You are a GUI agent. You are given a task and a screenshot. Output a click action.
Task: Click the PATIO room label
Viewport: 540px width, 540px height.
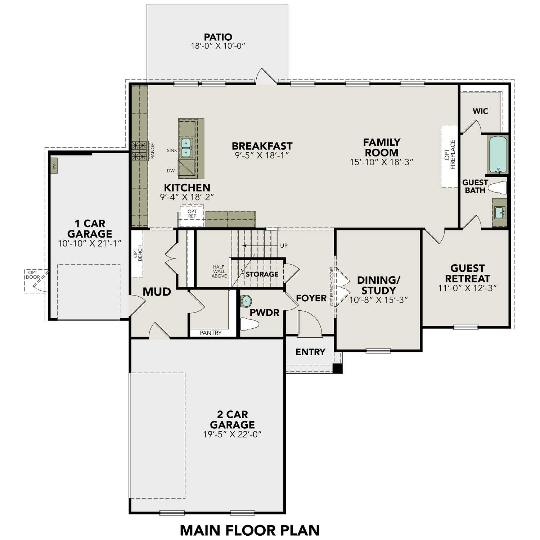tap(218, 37)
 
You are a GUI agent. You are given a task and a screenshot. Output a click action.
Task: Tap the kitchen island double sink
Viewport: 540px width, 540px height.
tap(186, 148)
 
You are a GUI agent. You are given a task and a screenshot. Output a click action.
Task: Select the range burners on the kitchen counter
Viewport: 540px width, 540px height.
tap(140, 151)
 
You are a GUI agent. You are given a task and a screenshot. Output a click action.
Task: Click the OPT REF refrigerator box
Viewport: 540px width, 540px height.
tap(192, 216)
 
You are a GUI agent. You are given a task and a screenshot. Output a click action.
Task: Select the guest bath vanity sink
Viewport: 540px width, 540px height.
tap(499, 213)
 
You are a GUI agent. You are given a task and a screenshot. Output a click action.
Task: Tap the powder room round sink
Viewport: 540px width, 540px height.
tap(246, 301)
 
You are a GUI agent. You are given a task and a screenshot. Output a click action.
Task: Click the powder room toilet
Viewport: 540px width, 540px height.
tap(249, 324)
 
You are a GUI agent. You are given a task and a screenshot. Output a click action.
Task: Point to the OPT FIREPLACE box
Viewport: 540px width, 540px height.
tap(449, 156)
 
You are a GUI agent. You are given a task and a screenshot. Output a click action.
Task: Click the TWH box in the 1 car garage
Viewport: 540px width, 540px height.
tap(54, 166)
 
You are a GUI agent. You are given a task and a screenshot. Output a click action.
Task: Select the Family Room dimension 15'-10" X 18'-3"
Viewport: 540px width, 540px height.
tap(381, 162)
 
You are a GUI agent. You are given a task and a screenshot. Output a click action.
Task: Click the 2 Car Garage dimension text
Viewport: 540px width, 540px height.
tap(232, 435)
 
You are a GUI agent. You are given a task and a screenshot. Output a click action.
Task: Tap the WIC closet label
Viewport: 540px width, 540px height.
tap(480, 111)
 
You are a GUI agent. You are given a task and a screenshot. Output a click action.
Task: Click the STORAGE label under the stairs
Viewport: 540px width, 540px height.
tap(262, 274)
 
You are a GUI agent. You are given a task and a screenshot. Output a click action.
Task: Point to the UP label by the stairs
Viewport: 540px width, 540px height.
tap(284, 246)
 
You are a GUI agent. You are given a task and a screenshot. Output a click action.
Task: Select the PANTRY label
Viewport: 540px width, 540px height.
tap(211, 333)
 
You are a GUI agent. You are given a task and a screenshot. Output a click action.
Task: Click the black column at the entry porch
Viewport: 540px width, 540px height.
tap(337, 368)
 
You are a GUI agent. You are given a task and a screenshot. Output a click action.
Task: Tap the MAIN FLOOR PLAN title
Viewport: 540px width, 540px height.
tap(249, 530)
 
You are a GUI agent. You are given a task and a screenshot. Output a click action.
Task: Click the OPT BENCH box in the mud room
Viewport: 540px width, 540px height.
tap(138, 253)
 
